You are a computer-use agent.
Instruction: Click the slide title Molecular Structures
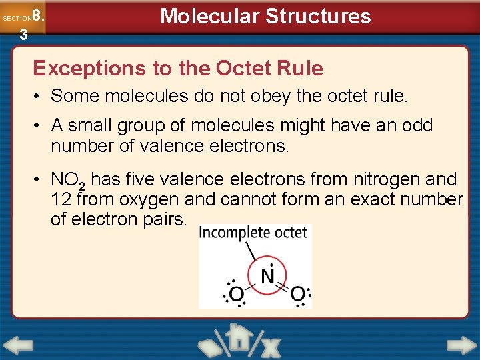click(x=265, y=16)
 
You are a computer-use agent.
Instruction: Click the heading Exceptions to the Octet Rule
click(x=178, y=68)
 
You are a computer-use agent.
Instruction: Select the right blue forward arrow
click(x=461, y=345)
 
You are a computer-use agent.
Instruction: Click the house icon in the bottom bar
click(x=238, y=338)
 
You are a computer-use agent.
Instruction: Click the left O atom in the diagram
click(x=235, y=294)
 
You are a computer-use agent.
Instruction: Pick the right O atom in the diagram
click(x=298, y=294)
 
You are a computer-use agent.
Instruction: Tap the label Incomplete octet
click(x=253, y=233)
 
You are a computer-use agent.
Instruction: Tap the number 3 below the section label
click(x=23, y=35)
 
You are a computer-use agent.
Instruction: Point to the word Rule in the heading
click(x=300, y=68)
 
